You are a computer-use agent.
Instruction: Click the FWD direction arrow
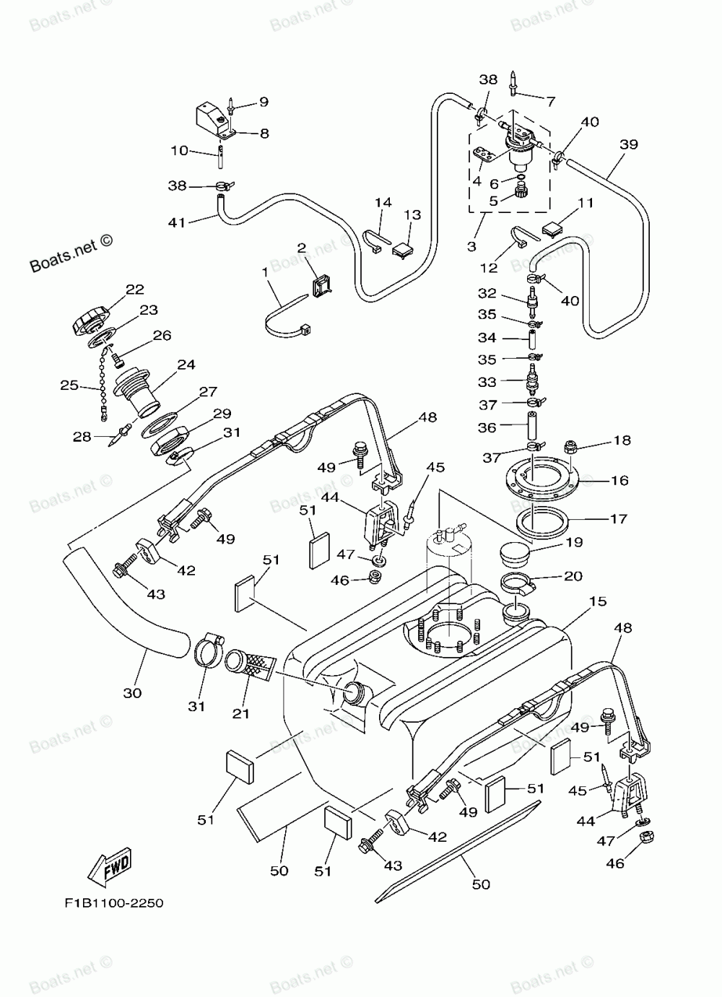click(109, 866)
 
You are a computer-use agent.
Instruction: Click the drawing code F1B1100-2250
click(114, 903)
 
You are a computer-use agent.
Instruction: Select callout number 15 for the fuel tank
click(598, 601)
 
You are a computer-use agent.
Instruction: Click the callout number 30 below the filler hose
click(132, 692)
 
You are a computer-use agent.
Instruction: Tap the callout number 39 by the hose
click(629, 144)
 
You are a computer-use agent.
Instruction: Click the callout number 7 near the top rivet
click(551, 102)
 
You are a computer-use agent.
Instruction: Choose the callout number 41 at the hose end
click(176, 222)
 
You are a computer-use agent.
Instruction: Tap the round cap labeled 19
click(515, 554)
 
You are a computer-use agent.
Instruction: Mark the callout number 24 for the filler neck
click(186, 365)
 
